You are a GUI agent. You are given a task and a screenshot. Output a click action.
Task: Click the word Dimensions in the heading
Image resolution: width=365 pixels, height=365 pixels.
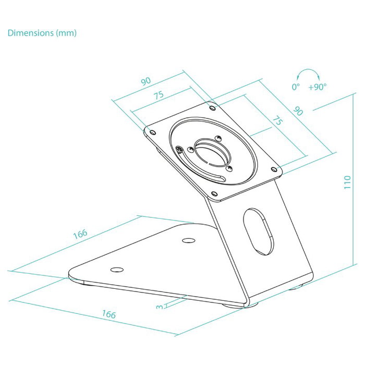(x=31, y=33)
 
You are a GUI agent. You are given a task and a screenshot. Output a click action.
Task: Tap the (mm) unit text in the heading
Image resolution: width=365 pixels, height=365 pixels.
(x=66, y=33)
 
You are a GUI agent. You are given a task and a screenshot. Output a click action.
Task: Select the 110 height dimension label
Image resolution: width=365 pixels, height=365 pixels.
(x=347, y=182)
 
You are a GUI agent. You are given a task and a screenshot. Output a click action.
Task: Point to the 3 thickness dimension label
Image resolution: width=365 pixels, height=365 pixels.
(x=160, y=307)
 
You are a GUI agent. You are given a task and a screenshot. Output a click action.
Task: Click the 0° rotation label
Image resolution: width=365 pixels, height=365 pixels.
(x=296, y=87)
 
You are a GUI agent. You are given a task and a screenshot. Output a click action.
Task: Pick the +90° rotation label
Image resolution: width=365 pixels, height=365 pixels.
(x=317, y=87)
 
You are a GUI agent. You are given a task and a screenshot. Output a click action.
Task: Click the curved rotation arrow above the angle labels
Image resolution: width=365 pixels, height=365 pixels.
(x=308, y=70)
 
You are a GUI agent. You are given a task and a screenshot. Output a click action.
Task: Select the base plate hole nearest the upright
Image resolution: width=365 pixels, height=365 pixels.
(x=188, y=240)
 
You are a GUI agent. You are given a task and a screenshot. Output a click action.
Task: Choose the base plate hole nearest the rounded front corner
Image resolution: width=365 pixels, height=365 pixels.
(x=117, y=270)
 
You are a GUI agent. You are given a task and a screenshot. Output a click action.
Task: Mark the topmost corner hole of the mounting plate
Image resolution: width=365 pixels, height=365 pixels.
(x=212, y=108)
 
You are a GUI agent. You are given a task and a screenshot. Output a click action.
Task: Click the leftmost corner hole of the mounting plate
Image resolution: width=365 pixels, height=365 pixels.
(x=153, y=132)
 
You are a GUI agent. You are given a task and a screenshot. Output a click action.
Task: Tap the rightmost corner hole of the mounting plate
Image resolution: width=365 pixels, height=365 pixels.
(x=274, y=169)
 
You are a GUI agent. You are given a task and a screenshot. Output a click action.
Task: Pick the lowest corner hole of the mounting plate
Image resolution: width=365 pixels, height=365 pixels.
(x=214, y=193)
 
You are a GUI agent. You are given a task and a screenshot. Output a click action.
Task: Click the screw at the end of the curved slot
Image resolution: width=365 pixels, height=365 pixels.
(x=179, y=150)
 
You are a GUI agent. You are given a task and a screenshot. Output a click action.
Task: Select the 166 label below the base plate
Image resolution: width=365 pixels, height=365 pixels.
(x=108, y=314)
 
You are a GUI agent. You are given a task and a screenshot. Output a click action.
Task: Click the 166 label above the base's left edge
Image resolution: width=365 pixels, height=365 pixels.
(x=80, y=234)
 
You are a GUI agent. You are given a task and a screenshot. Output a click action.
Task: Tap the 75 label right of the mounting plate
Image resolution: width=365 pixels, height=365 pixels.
(x=277, y=121)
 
